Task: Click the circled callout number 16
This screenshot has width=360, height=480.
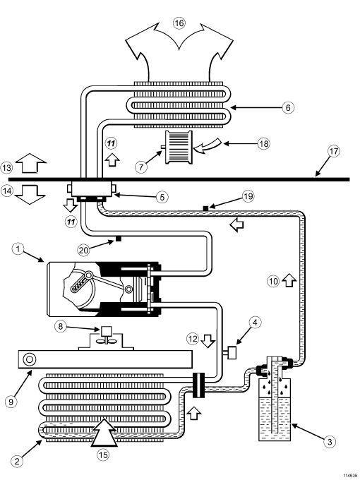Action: point(179,23)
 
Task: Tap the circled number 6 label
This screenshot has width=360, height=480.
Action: point(288,107)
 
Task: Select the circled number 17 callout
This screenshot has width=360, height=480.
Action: point(334,151)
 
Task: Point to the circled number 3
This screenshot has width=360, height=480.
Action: point(330,442)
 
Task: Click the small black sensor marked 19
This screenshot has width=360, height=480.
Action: point(205,208)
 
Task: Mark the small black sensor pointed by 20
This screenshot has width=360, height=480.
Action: point(119,239)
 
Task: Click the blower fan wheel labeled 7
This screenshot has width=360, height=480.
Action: point(179,148)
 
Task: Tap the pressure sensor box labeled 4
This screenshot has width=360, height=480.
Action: point(233,352)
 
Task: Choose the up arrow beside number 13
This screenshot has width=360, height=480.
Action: point(30,162)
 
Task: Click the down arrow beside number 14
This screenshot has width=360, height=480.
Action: point(30,195)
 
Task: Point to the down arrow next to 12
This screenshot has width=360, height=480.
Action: point(208,341)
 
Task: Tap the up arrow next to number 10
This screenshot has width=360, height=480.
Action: point(289,280)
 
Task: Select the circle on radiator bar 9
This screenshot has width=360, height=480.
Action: point(30,359)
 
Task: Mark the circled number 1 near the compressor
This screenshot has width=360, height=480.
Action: point(18,248)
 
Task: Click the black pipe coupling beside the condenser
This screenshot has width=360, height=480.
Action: point(199,385)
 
